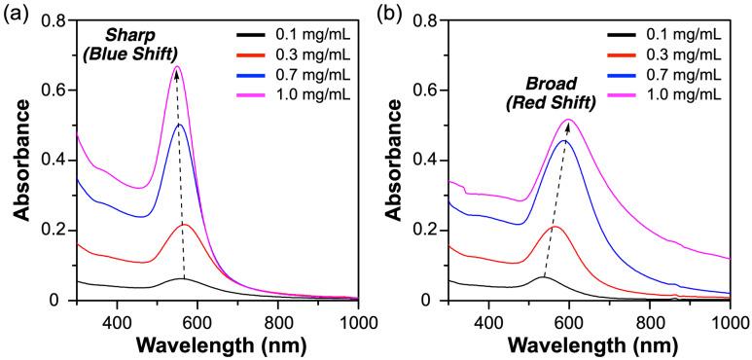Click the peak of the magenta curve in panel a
pos(177,66)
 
